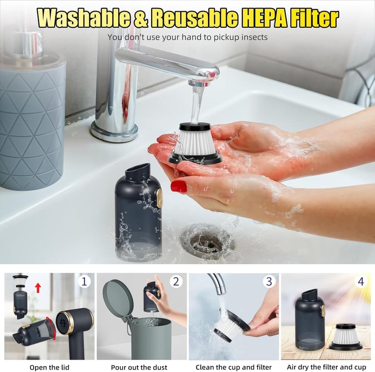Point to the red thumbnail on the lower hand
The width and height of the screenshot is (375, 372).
(x=179, y=186)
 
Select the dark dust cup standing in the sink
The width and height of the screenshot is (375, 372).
(x=138, y=213)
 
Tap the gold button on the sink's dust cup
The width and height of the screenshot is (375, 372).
(x=159, y=198)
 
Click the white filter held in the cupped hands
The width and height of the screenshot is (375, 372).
(x=194, y=143)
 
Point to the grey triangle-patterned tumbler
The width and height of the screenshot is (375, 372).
(x=32, y=122)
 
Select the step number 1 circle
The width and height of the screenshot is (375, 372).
(x=84, y=281)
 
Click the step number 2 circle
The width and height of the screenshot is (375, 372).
(x=176, y=281)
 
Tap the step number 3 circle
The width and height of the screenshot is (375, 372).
(x=269, y=281)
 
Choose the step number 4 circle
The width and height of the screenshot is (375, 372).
(x=361, y=281)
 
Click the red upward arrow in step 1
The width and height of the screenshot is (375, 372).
(x=38, y=287)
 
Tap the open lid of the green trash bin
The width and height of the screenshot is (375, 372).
(x=118, y=299)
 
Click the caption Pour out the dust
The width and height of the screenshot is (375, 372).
(x=139, y=367)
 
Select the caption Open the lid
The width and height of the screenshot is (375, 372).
(x=49, y=367)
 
